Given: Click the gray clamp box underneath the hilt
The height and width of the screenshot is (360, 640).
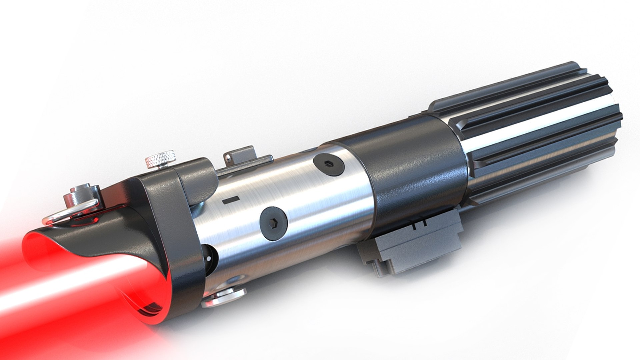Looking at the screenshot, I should coord(413,247).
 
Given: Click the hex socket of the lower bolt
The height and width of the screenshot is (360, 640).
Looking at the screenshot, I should coord(273,224).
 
